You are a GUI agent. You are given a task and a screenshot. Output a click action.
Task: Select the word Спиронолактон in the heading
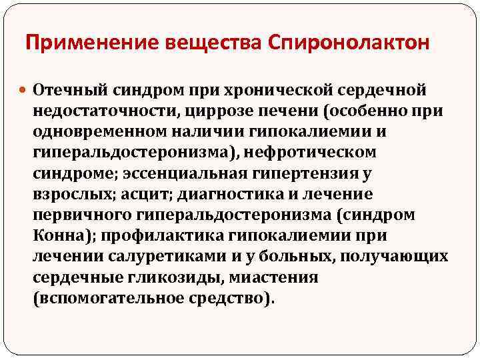(349, 43)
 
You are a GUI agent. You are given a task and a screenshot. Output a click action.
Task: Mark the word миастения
(273, 277)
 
